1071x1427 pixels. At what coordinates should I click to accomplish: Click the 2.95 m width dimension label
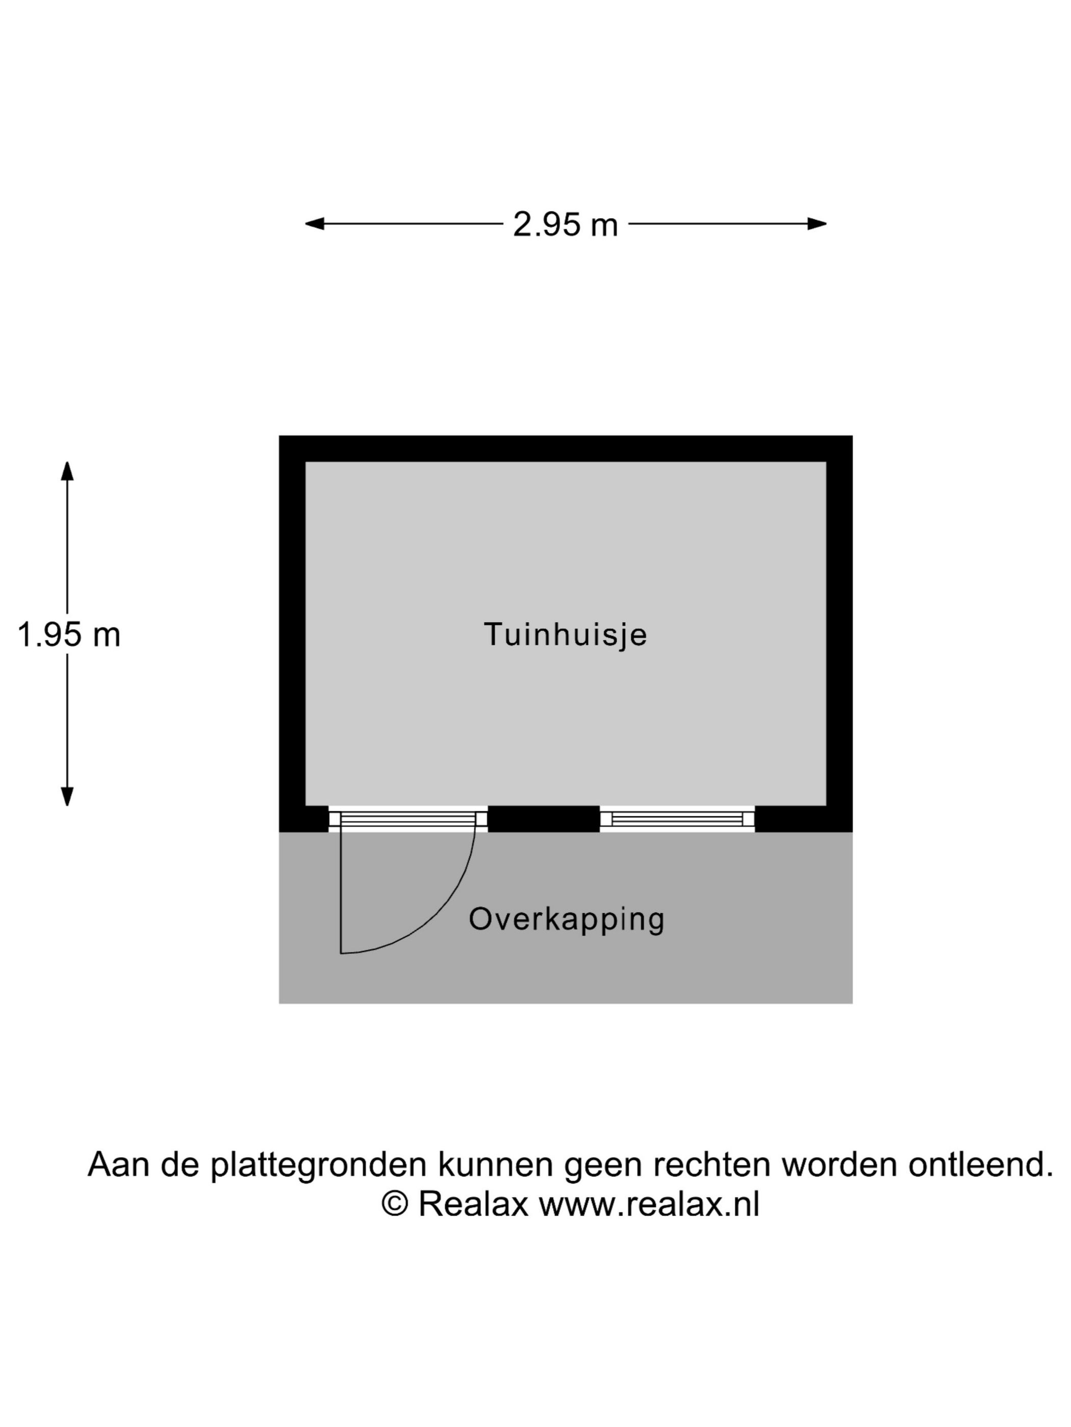[565, 225]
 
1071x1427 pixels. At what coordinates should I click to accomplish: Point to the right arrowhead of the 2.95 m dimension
[817, 224]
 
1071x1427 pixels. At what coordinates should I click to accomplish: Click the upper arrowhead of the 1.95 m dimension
[67, 471]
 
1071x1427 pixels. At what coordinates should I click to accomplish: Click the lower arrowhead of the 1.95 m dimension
[67, 797]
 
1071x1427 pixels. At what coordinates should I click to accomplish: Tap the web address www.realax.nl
[649, 1204]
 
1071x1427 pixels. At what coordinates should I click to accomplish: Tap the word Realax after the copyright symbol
[474, 1204]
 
